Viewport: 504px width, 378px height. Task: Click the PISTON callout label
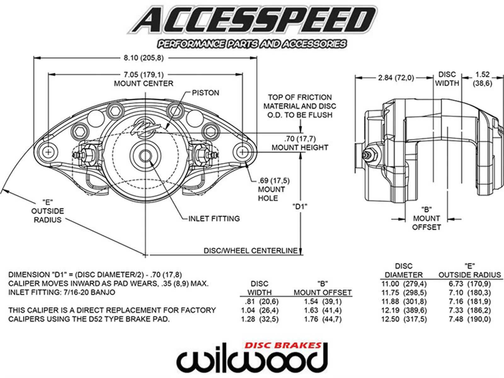point(205,93)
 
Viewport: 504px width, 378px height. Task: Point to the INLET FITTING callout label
point(214,218)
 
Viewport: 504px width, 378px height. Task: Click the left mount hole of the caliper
point(48,152)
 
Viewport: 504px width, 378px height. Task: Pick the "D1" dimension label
point(300,207)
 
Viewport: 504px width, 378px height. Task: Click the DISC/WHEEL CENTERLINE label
point(250,251)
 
